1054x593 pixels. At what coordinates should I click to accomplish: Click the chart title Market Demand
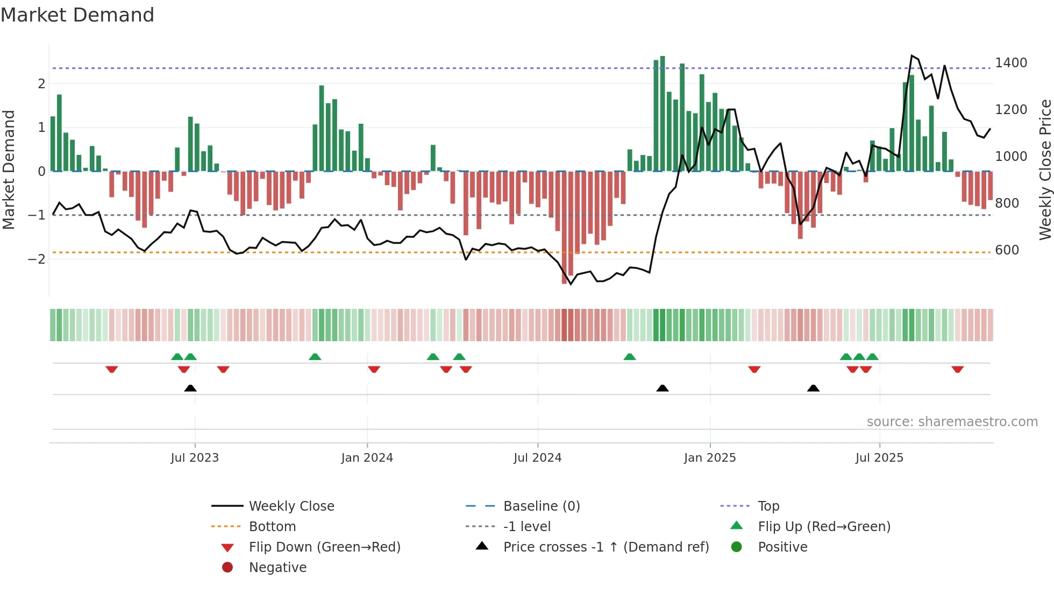77,15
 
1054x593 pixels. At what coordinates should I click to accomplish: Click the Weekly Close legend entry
291,506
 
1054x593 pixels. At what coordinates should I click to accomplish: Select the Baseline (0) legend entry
541,506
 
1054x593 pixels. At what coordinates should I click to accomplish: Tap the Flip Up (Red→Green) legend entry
823,526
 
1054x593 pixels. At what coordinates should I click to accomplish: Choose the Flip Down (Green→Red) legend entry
324,547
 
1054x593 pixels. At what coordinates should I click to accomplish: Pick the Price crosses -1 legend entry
606,547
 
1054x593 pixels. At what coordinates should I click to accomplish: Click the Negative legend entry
277,567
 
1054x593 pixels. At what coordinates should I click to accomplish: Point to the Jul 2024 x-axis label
537,457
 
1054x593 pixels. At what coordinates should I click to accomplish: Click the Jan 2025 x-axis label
709,457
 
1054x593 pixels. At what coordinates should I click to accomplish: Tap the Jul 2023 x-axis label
195,457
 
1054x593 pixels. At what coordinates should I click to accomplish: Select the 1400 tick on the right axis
1010,63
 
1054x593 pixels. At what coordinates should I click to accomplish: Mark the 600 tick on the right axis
1007,250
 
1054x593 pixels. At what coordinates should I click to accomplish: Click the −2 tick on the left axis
37,259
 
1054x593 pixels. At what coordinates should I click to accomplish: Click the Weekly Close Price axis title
1045,170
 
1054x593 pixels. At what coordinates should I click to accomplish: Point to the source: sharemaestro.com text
952,421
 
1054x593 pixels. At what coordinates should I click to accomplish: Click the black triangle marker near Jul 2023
190,388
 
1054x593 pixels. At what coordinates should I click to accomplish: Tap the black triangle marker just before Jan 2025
663,388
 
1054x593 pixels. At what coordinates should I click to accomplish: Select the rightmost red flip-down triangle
957,369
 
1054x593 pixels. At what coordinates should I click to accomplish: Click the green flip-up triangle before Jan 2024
315,357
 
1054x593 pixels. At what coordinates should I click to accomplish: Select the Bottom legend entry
272,526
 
